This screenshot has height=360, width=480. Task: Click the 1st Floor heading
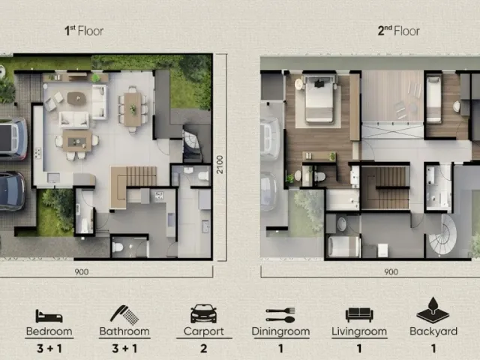tap(84, 31)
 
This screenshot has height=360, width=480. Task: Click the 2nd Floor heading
tap(398, 31)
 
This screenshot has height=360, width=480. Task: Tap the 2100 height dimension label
tap(220, 164)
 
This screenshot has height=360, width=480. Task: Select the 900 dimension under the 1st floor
tap(82, 271)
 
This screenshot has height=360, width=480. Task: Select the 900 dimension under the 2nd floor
tap(391, 271)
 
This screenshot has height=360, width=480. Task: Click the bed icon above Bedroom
tap(49, 316)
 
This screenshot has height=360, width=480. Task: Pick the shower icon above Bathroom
tap(124, 315)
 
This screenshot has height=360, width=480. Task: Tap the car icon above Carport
tap(203, 313)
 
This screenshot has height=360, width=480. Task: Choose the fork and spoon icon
tap(280, 315)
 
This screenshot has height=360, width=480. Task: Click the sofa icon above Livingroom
tap(359, 315)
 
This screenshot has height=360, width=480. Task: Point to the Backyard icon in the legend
tap(433, 310)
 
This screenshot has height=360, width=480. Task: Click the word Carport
tap(203, 331)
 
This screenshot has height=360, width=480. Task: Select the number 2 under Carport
tap(203, 348)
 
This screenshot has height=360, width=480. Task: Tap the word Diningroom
tap(280, 331)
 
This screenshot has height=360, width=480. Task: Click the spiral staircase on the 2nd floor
tap(443, 235)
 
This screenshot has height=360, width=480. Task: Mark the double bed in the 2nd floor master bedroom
tap(319, 99)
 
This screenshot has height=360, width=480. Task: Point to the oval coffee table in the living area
tap(76, 98)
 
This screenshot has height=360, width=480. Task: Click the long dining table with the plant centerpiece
tap(133, 109)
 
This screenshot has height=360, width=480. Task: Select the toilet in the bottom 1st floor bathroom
tap(118, 247)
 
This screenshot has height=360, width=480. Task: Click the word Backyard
tap(433, 331)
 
